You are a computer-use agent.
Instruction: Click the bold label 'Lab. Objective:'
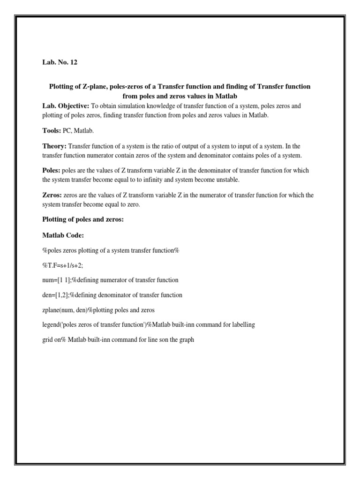[x=63, y=106]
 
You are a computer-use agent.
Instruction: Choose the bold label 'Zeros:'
[x=52, y=195]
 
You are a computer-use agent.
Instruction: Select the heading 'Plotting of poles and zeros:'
[x=83, y=219]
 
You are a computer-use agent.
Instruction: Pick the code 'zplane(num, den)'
[x=64, y=310]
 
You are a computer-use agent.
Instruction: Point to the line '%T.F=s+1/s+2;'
[x=62, y=265]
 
